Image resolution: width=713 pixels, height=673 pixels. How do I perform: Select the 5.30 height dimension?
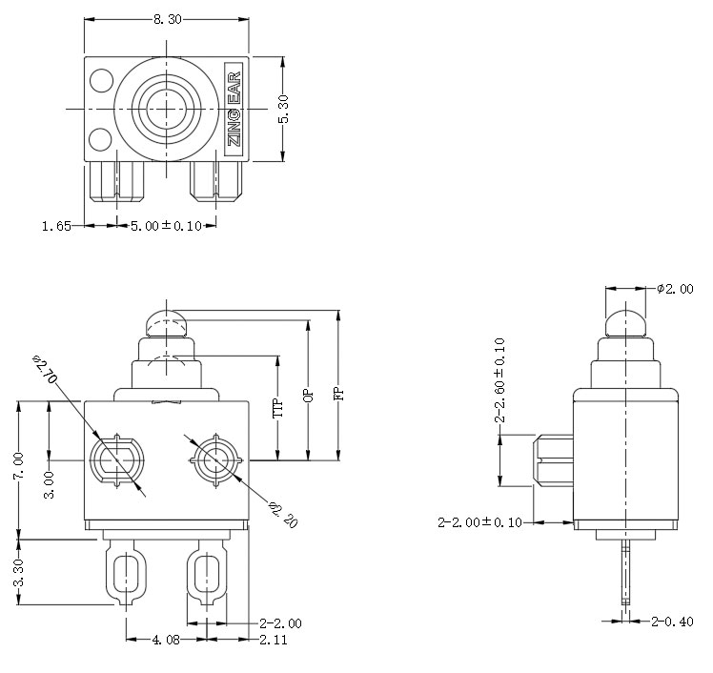coord(283,107)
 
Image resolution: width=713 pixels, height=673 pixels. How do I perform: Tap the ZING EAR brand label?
coord(234,108)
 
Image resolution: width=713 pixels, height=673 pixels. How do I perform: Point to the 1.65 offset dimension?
coord(54,226)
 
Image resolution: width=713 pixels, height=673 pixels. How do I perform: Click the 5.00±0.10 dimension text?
coord(161,226)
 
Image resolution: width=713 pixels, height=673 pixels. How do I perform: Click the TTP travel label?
coord(278,408)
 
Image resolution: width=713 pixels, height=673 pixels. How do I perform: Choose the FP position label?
coord(338,393)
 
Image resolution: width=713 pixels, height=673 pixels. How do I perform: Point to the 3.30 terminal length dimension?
coord(19,572)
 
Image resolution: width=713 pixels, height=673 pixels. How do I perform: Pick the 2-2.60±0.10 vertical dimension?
coord(499,381)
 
